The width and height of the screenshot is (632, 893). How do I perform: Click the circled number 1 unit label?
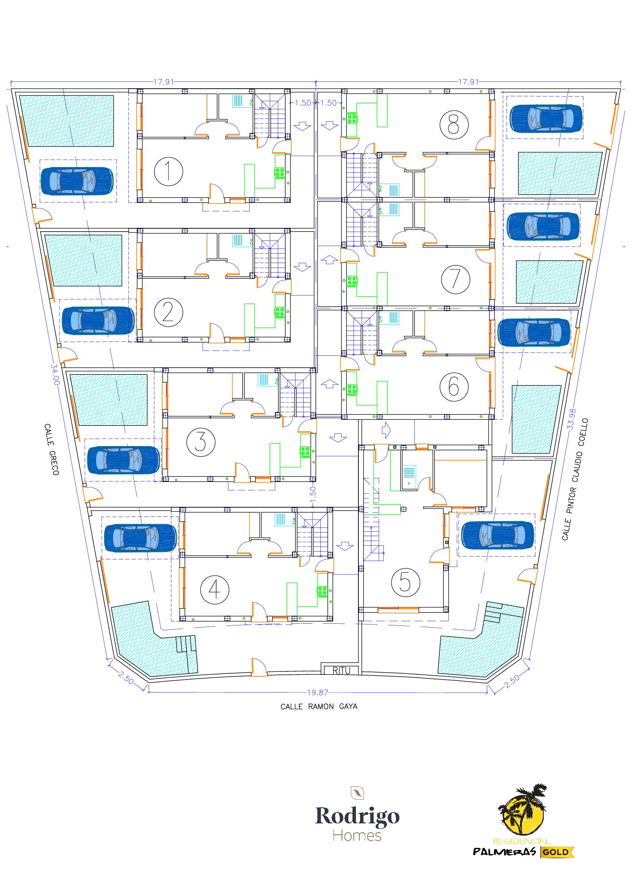[168, 171]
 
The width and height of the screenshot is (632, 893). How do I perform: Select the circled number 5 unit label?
[405, 582]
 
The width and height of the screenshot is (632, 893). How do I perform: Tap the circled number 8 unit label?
[454, 125]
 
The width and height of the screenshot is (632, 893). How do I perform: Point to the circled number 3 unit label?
[201, 442]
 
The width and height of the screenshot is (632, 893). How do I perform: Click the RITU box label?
[341, 671]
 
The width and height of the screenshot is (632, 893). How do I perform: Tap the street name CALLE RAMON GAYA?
[319, 706]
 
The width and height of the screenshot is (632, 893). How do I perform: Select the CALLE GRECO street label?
[52, 449]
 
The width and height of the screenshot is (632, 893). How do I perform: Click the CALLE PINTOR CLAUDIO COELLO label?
[575, 479]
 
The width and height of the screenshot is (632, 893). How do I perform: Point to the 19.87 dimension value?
[317, 693]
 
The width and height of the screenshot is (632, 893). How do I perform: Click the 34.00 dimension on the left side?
[55, 374]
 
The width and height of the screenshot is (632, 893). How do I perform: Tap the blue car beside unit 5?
[498, 535]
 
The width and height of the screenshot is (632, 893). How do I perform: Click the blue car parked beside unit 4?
[140, 538]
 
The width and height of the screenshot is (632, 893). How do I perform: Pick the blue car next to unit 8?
[546, 118]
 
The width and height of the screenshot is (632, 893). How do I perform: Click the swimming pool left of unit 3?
[109, 400]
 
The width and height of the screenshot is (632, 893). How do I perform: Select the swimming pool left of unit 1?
[67, 121]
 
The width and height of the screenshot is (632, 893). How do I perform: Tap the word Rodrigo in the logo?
[357, 816]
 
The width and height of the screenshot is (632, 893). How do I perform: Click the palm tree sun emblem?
[523, 809]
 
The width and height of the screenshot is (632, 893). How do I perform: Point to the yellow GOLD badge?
[556, 852]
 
